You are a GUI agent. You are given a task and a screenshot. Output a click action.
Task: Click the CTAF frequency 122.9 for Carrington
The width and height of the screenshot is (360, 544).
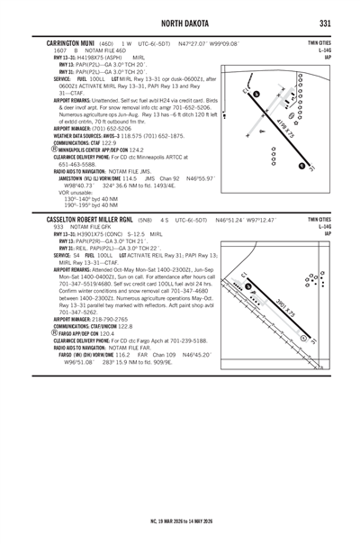(112, 142)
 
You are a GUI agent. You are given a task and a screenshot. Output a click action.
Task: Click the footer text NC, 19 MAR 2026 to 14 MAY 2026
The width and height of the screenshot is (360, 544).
(180, 520)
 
